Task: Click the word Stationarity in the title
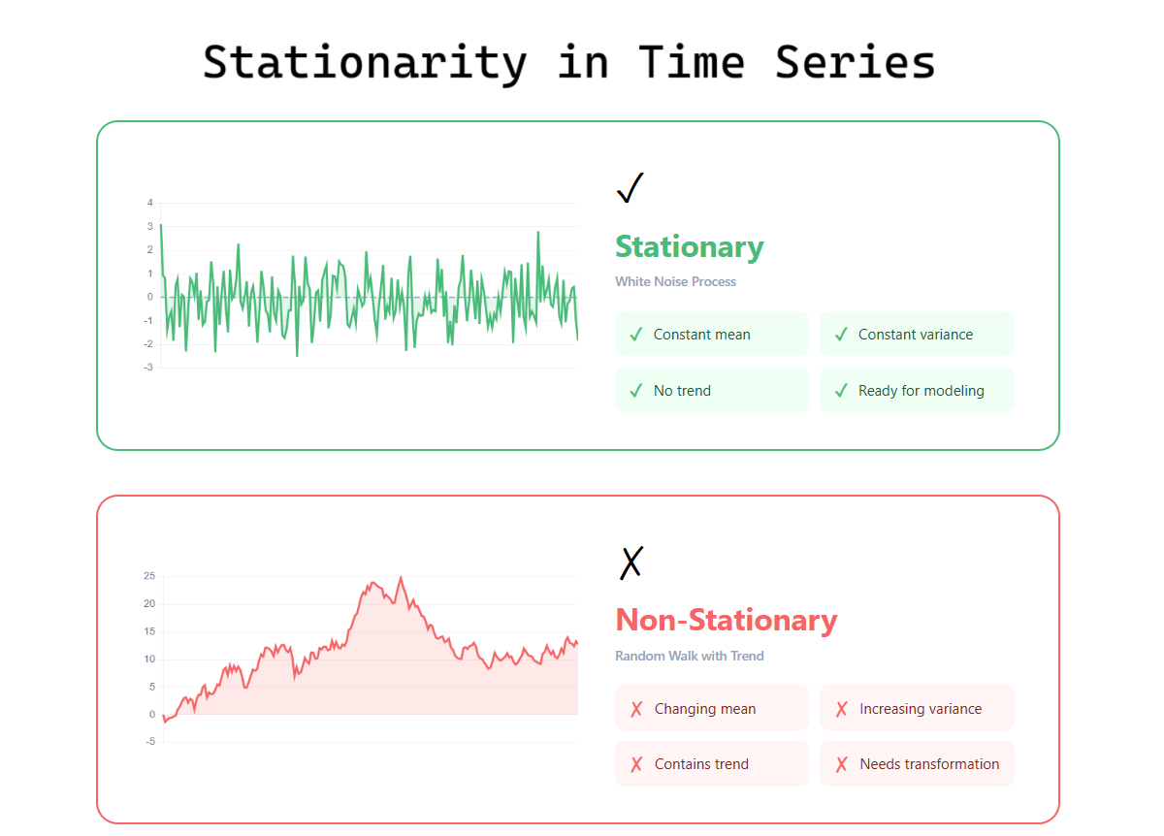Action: [366, 64]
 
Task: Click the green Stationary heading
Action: [690, 246]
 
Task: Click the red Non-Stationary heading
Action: [727, 620]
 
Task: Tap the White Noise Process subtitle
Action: [675, 281]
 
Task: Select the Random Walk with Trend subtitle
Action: [690, 656]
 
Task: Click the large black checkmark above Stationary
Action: [630, 188]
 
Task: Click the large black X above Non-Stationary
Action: [631, 563]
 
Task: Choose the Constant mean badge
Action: [712, 334]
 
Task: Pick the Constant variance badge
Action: [918, 334]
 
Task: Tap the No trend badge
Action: [712, 390]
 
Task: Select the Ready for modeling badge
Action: [918, 390]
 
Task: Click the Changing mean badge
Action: [712, 708]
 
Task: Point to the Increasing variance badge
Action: [918, 708]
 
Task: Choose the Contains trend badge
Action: [712, 764]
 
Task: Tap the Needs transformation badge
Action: [918, 764]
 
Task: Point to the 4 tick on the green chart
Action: [150, 203]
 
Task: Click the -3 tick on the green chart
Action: [148, 368]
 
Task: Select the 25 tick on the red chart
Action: [149, 576]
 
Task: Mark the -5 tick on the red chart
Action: [150, 741]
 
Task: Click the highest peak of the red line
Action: [401, 577]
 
